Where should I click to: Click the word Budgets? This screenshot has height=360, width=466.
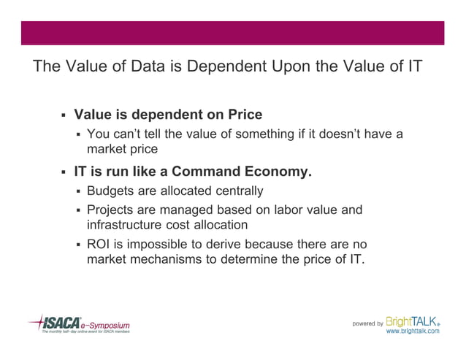coord(110,191)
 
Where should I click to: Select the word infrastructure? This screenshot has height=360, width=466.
coord(126,225)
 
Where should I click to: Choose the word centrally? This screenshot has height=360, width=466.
coord(237,191)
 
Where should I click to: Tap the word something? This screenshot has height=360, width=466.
coord(267,134)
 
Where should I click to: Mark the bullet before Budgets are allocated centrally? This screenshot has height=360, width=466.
coord(77,192)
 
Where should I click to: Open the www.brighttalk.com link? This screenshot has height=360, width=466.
coord(412,331)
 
